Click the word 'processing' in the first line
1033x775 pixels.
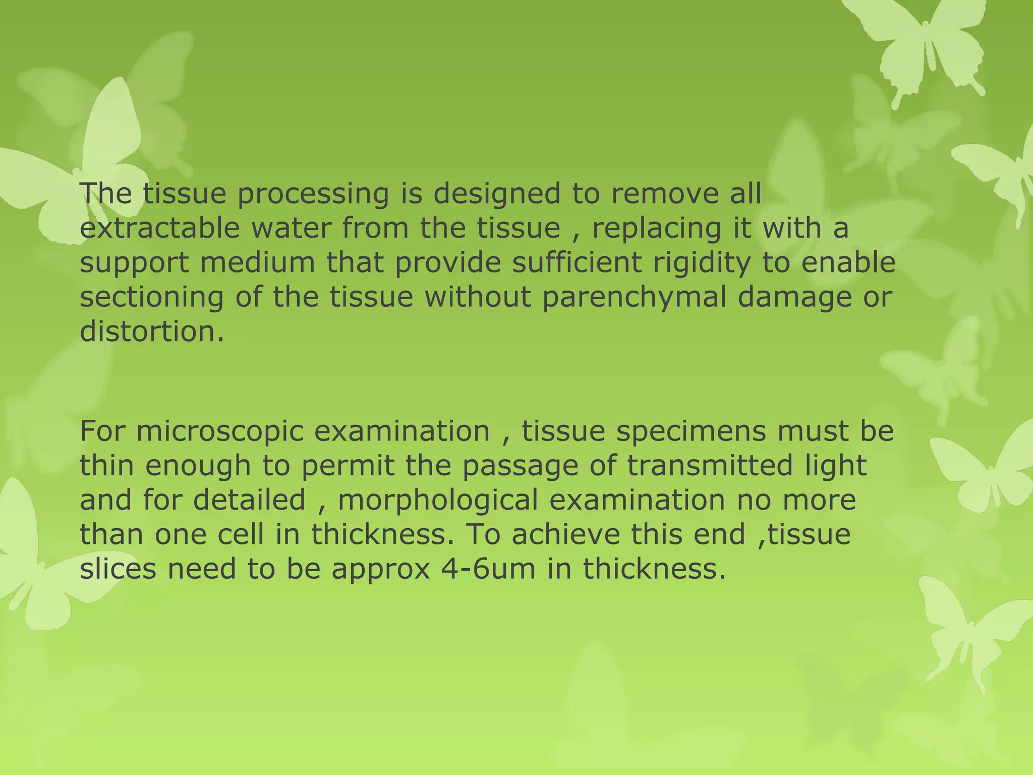pos(313,195)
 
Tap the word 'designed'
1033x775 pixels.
pos(496,195)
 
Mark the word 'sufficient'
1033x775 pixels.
pos(577,262)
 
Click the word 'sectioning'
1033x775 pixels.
pos(152,298)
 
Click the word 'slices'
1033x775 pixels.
pos(119,569)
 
